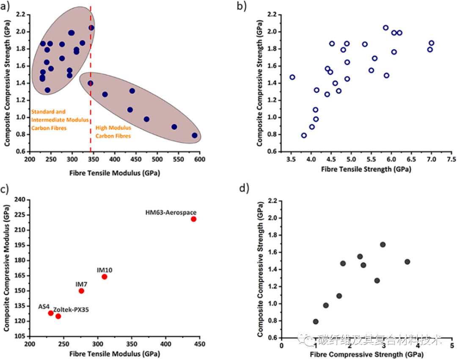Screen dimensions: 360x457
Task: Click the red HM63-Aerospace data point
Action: pyautogui.click(x=193, y=219)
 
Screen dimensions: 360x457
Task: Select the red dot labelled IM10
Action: pyautogui.click(x=105, y=277)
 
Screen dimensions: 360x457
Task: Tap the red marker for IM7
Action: pyautogui.click(x=81, y=291)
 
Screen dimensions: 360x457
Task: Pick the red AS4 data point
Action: pyautogui.click(x=51, y=313)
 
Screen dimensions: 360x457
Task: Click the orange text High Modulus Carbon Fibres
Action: pyautogui.click(x=113, y=132)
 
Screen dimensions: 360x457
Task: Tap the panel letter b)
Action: pyautogui.click(x=240, y=6)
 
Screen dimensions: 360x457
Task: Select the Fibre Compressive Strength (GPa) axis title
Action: pyautogui.click(x=356, y=353)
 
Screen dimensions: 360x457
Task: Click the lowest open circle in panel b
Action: pyautogui.click(x=304, y=135)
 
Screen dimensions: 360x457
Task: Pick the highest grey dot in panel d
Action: pyautogui.click(x=383, y=245)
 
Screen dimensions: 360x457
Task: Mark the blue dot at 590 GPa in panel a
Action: pyautogui.click(x=195, y=135)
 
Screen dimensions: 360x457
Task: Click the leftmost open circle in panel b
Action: pyautogui.click(x=292, y=77)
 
